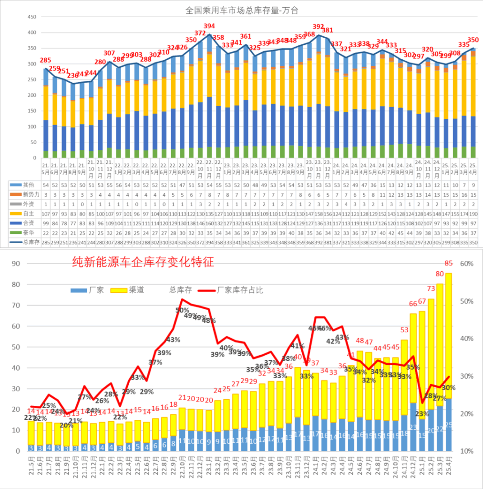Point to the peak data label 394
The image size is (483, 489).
click(x=209, y=26)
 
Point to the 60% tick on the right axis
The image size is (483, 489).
click(x=466, y=264)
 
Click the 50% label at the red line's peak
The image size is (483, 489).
click(x=182, y=310)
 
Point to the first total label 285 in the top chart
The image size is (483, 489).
click(x=45, y=61)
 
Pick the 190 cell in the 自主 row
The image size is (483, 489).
click(x=473, y=213)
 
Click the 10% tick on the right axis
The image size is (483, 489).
click(x=466, y=451)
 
